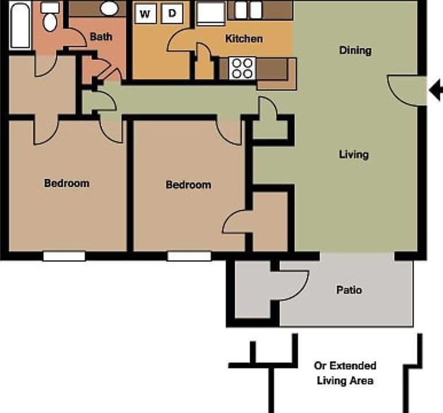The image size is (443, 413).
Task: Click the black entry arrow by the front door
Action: pos(436,89)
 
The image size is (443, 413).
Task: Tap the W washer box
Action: pos(145,14)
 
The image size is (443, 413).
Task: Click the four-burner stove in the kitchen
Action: pos(242,68)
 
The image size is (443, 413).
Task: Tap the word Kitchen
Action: pos(244,39)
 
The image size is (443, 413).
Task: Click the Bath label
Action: pos(101,37)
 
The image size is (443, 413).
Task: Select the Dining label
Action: pos(355,50)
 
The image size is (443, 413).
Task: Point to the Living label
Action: pos(354,154)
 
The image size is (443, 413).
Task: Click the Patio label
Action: pos(349,290)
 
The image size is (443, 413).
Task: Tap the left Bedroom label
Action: pos(66,184)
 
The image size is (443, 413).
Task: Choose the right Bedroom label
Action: pos(188,185)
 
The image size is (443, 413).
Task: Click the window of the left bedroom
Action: pos(64,256)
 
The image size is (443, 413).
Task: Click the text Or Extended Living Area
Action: pos(344,373)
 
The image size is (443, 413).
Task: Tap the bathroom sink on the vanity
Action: pos(108,8)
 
